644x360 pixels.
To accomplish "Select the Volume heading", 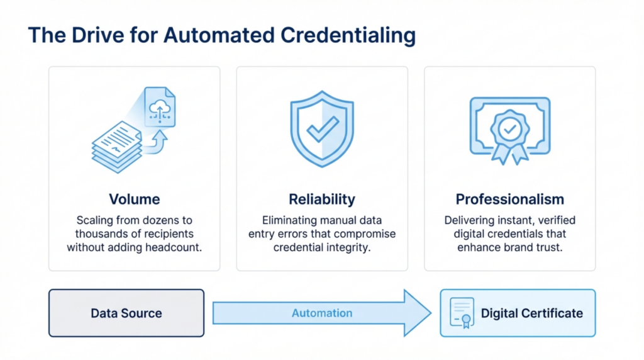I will tap(134, 200).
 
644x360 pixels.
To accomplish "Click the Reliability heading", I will tap(321, 200).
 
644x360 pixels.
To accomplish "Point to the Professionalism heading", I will tap(509, 200).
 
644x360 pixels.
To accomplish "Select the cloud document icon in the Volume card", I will tap(159, 106).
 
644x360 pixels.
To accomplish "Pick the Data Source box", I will tap(126, 313).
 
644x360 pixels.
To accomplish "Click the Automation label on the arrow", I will tap(321, 313).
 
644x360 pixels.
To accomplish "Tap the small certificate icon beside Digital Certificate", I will tap(463, 313).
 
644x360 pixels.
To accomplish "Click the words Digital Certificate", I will tap(531, 313).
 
